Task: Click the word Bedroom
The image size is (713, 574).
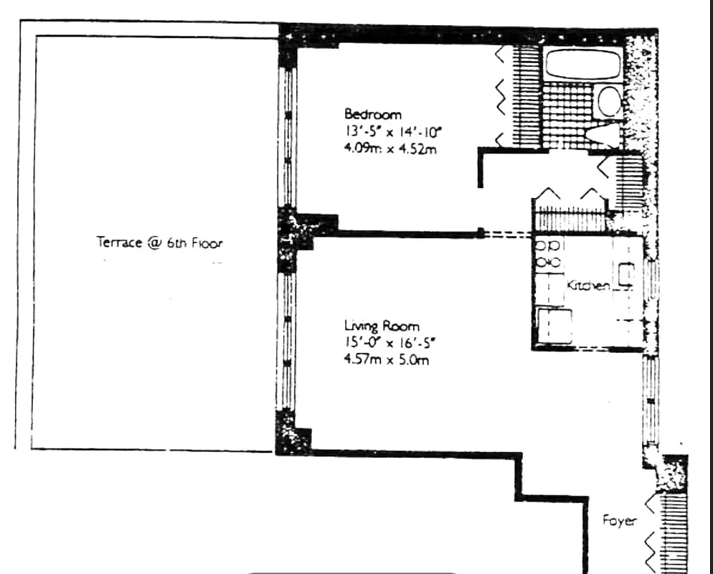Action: click(x=373, y=114)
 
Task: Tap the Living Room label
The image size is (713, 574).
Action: click(x=381, y=326)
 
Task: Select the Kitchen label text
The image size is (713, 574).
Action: click(x=588, y=286)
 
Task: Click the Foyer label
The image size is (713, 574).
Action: click(x=618, y=521)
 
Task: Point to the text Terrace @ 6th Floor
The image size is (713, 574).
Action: click(x=159, y=243)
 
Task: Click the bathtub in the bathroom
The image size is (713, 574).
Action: click(x=582, y=65)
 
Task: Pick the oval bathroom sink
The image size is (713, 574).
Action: click(x=610, y=102)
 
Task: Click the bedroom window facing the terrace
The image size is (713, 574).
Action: click(x=288, y=136)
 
